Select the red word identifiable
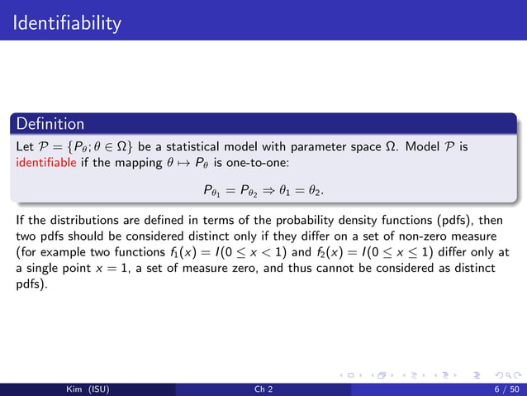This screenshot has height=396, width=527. tap(45, 161)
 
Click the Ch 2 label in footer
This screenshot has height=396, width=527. tap(263, 387)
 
